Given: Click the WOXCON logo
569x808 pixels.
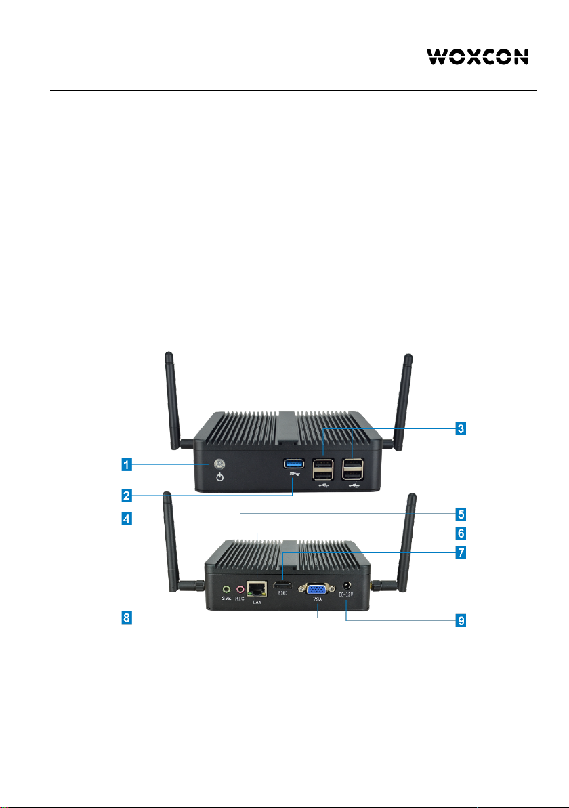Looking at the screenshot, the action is coord(478,56).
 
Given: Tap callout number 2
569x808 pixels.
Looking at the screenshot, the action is coord(125,496).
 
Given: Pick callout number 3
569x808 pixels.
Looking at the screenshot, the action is coord(460,429).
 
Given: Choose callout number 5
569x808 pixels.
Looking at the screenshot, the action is coord(460,513).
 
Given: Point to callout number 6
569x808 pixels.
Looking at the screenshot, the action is coord(460,533).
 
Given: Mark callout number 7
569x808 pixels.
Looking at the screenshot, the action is coord(460,553).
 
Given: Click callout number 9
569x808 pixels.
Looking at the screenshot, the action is coord(460,620).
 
